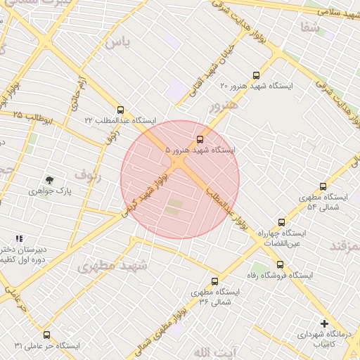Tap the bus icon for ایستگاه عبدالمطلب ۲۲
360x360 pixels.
(121, 110)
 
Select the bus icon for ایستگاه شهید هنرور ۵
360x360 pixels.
(200, 139)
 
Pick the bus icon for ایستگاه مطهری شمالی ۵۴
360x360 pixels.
(323, 186)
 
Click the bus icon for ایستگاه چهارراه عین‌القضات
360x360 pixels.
(282, 221)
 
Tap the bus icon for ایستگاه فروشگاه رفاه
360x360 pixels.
(281, 265)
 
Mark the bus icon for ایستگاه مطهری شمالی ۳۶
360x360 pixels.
(214, 281)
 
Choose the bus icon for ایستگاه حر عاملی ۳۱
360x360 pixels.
(47, 335)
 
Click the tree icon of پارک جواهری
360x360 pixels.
(49, 180)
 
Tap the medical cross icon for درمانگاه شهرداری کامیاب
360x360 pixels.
(324, 323)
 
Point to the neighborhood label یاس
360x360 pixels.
(117, 42)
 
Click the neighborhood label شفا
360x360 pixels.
(309, 28)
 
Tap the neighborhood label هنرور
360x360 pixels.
(224, 106)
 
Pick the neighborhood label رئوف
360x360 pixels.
(88, 175)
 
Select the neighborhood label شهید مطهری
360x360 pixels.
(112, 266)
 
